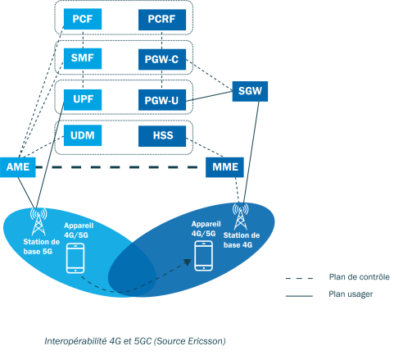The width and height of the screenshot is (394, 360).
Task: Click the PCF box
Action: click(x=83, y=19)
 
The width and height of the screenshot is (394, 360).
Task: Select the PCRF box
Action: click(x=162, y=20)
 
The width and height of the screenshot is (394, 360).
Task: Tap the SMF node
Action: click(x=83, y=58)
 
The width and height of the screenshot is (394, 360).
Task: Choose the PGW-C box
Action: click(x=162, y=59)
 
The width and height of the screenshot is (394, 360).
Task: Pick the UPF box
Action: click(x=83, y=100)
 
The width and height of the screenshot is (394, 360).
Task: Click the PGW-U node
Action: click(x=162, y=100)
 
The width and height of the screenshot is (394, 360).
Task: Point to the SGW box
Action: click(x=250, y=91)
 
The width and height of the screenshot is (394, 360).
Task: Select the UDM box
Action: click(x=83, y=135)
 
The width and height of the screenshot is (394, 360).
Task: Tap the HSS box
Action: click(x=162, y=136)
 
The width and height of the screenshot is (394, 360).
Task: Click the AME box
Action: click(x=18, y=167)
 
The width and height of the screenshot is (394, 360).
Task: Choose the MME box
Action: click(x=224, y=167)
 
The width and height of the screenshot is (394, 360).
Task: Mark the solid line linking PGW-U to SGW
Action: click(x=209, y=97)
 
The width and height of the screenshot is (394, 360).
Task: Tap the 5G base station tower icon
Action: click(x=38, y=221)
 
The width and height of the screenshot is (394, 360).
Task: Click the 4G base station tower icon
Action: click(x=241, y=216)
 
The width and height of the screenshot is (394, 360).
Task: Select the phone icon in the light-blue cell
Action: click(x=75, y=258)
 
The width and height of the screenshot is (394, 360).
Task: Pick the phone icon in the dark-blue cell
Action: click(x=203, y=256)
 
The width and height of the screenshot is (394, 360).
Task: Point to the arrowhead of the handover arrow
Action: click(x=188, y=262)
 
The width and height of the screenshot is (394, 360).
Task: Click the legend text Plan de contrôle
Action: click(x=360, y=277)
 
